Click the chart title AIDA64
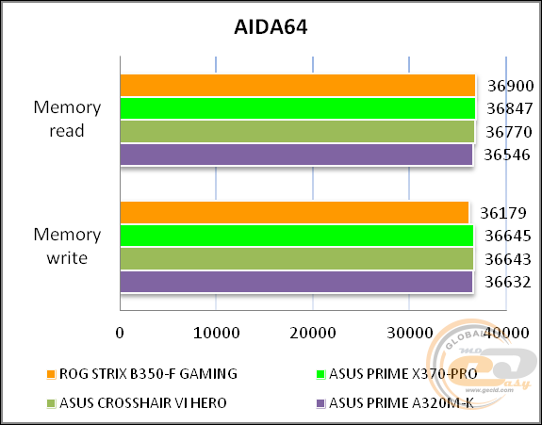271,27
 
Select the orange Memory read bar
298,85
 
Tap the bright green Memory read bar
298,108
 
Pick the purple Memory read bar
296,155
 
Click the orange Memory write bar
294,213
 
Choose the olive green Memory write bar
297,258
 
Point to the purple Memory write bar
296,282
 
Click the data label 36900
511,86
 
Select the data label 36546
507,155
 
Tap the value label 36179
503,213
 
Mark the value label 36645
508,236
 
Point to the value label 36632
508,283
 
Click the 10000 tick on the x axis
217,333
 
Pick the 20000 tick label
313,333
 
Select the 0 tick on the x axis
120,333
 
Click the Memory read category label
67,119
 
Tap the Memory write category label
67,246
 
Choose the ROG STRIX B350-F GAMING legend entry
142,374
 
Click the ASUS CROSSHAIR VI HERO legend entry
137,403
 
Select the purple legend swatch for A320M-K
320,403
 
